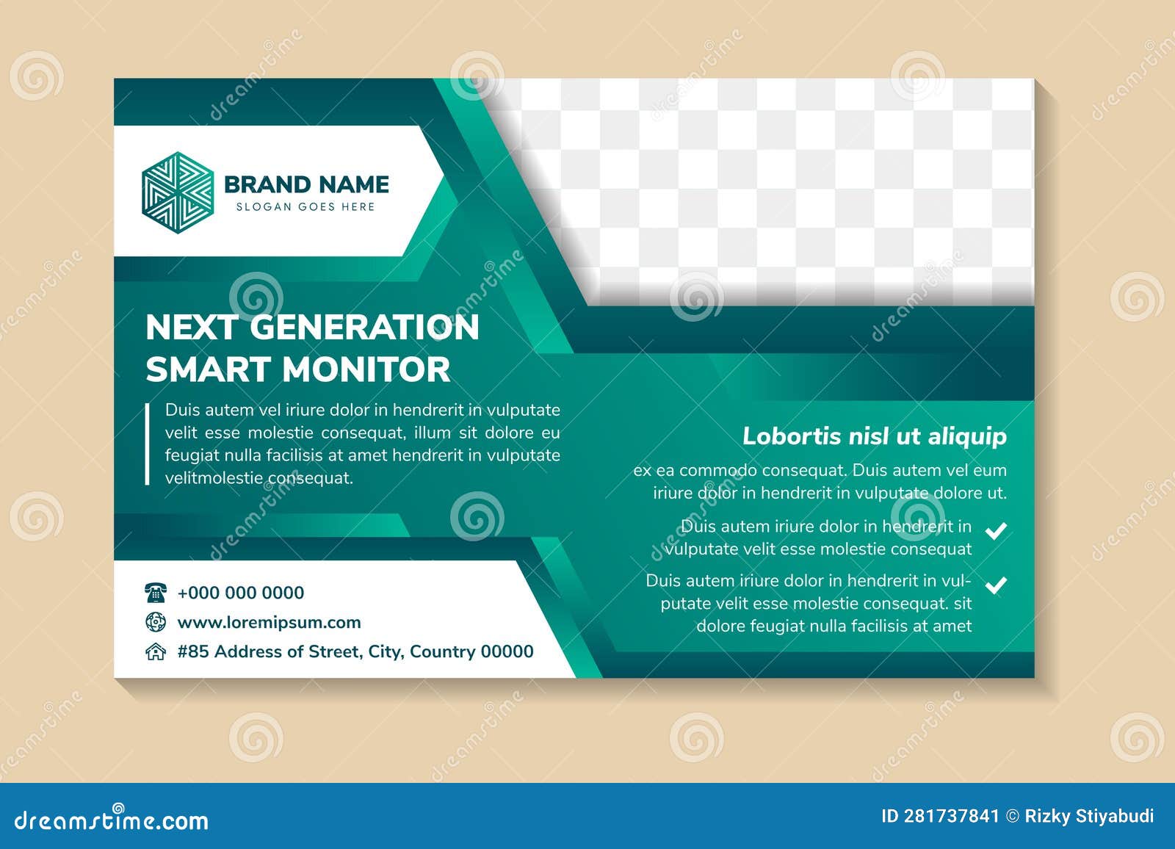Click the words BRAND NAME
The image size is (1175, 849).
click(306, 184)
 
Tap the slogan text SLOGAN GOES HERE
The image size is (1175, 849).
click(305, 207)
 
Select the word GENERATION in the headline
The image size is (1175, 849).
click(364, 328)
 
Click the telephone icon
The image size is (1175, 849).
click(156, 592)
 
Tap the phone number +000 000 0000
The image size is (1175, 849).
click(241, 593)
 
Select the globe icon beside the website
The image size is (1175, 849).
click(156, 622)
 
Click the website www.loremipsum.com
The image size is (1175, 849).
click(269, 622)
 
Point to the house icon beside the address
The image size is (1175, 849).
click(156, 651)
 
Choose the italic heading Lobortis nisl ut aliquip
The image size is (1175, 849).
click(874, 436)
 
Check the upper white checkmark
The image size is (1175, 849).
click(996, 530)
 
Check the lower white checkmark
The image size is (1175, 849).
click(996, 585)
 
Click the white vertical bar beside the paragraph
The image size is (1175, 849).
click(148, 444)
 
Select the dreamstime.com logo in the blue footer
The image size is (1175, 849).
click(112, 820)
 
